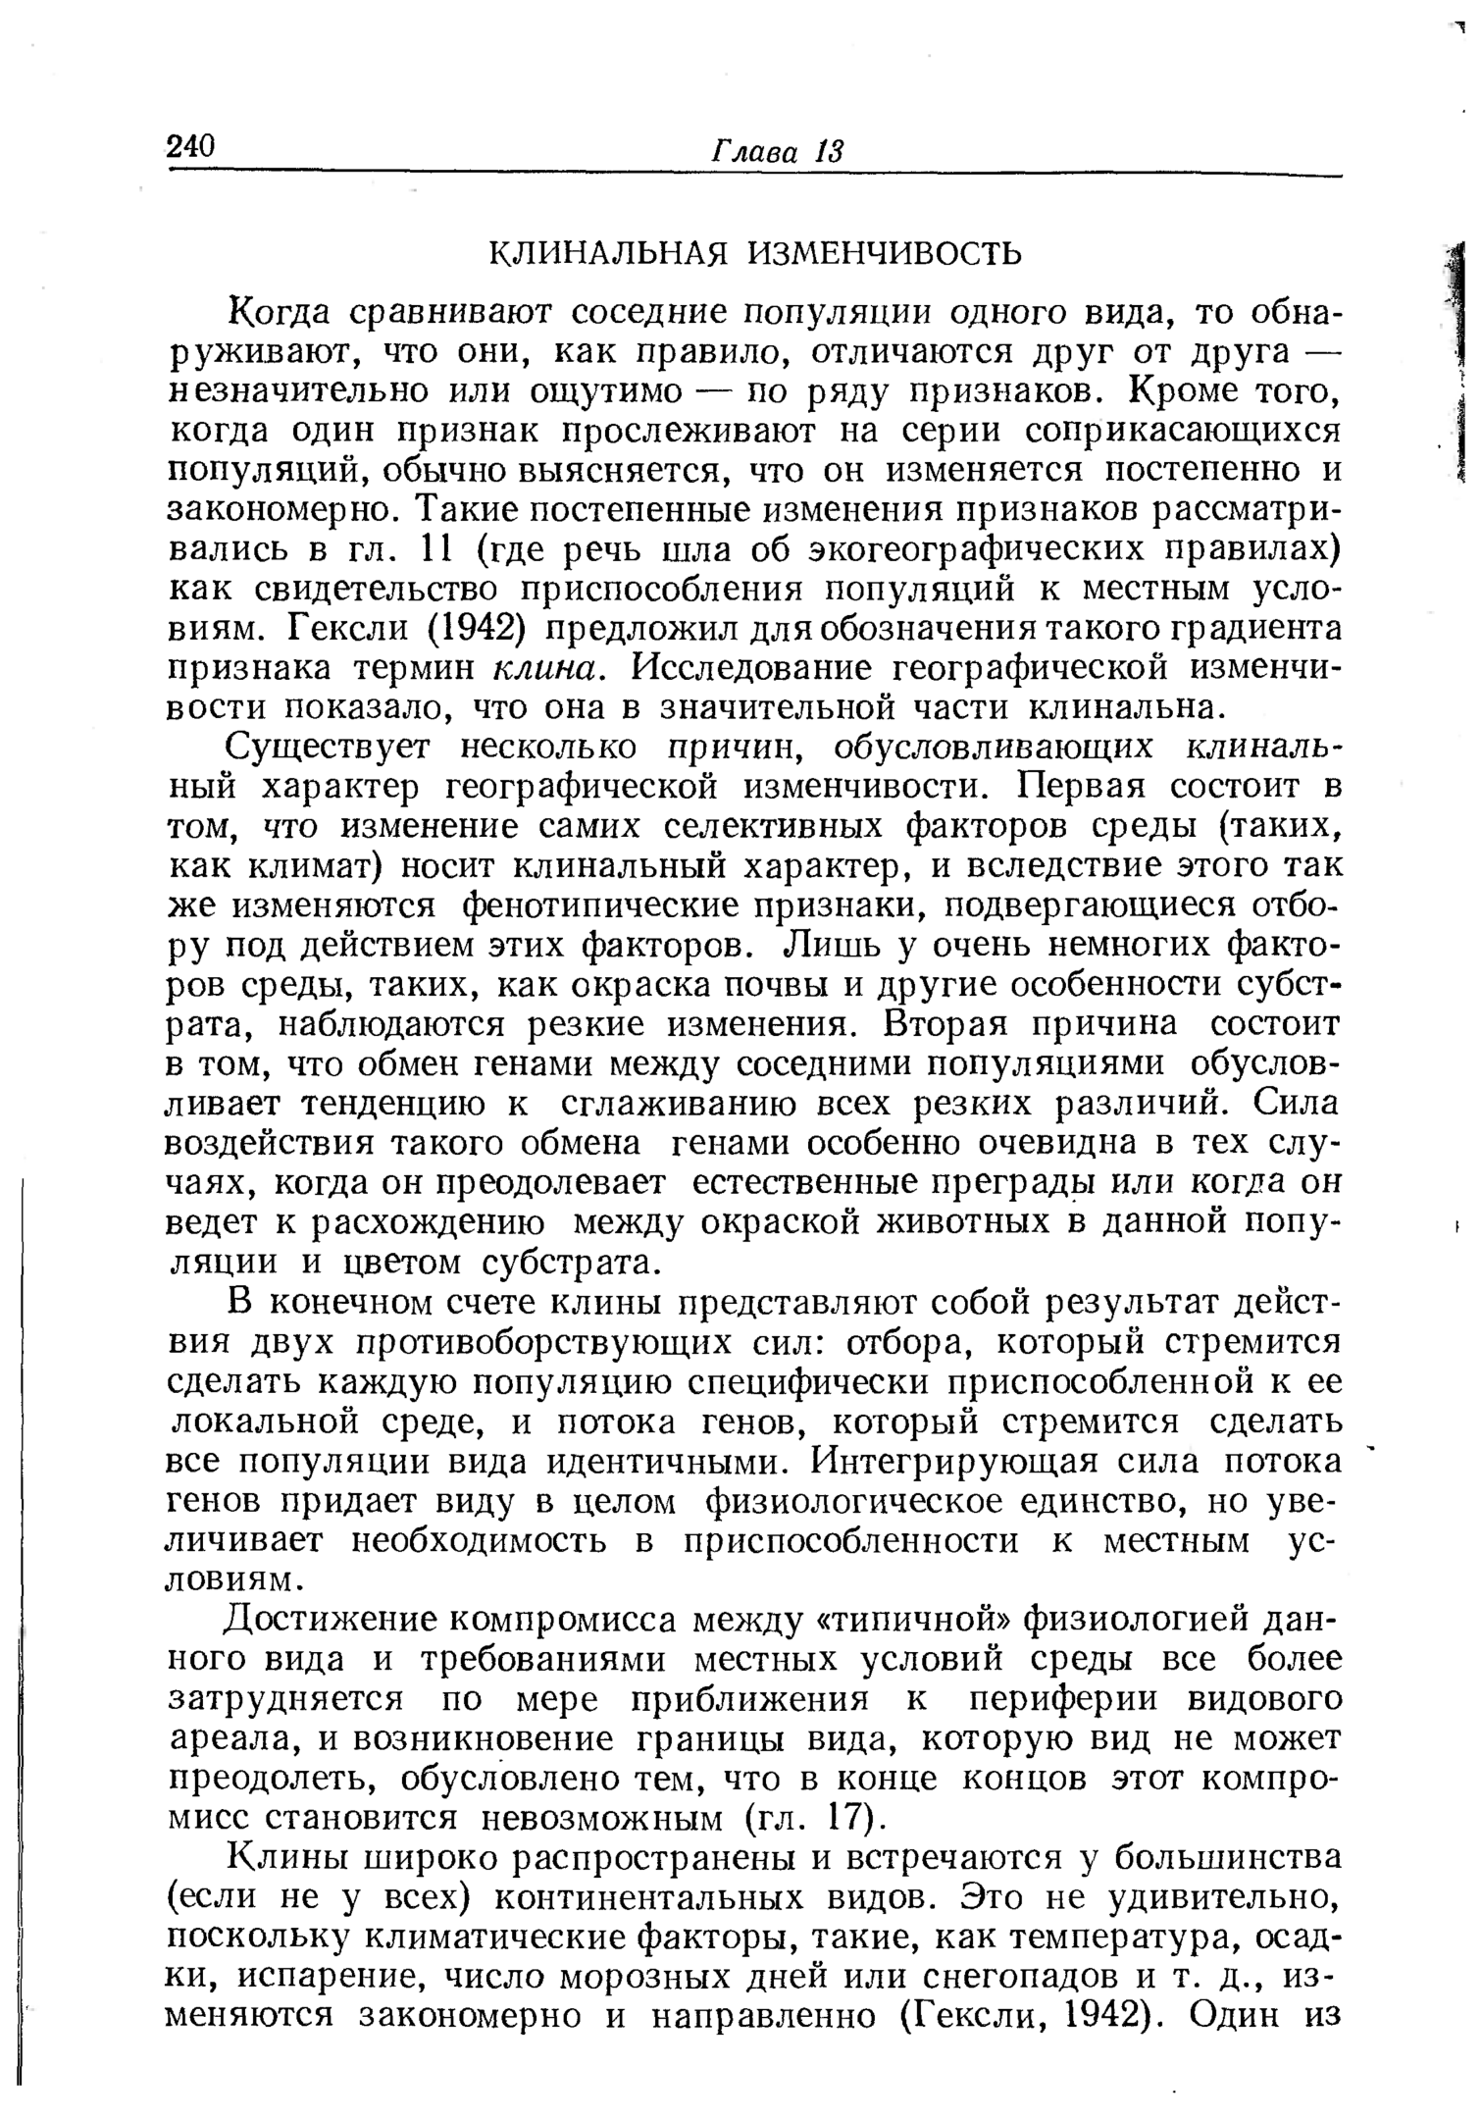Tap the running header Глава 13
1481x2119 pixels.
[776, 152]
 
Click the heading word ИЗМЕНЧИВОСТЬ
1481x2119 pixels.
[886, 254]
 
